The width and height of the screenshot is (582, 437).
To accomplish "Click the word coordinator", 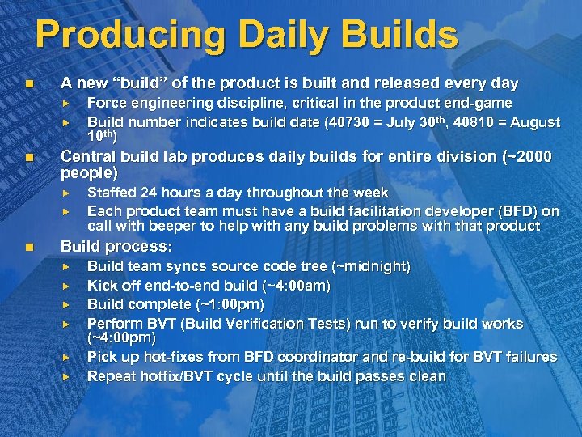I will [314, 357].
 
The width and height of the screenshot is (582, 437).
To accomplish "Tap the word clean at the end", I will [427, 376].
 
